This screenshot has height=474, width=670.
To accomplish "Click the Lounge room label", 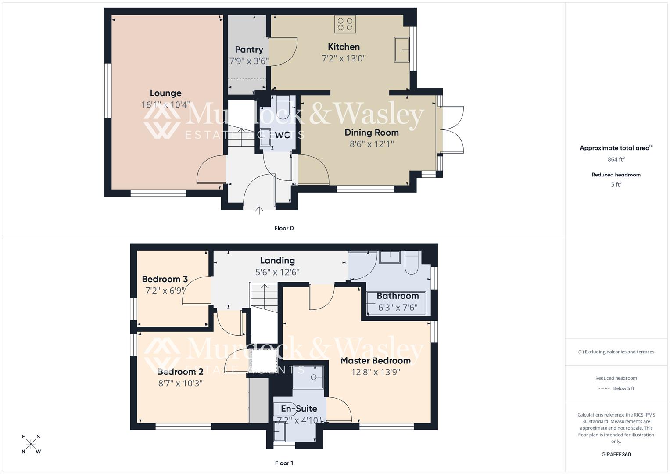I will tap(165, 93).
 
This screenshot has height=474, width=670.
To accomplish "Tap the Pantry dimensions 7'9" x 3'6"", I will tap(249, 61).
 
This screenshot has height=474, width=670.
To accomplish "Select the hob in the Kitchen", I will tap(345, 24).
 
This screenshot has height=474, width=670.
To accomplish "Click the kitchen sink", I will tap(402, 49).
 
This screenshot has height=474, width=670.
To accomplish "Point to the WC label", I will tap(282, 135).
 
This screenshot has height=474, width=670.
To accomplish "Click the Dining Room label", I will tap(371, 133).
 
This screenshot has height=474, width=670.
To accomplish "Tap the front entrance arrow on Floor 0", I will tap(259, 211).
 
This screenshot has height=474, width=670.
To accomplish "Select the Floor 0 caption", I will tap(283, 228).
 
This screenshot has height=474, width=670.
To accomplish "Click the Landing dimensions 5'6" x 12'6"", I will tap(277, 272).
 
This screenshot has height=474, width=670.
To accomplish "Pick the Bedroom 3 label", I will tap(165, 279).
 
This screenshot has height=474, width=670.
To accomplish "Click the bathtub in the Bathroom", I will tap(397, 303).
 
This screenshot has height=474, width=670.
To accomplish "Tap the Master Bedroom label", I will tap(376, 361).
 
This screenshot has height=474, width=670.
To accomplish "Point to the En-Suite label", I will tap(299, 409).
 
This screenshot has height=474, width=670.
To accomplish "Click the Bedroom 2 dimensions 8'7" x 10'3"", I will tap(180, 383).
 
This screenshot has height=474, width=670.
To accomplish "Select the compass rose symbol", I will tap(31, 444).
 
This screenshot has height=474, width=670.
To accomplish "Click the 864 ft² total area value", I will tap(616, 159).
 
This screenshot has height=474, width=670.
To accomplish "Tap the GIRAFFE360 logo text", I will tap(616, 454).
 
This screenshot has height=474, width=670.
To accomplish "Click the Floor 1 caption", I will tap(283, 463).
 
